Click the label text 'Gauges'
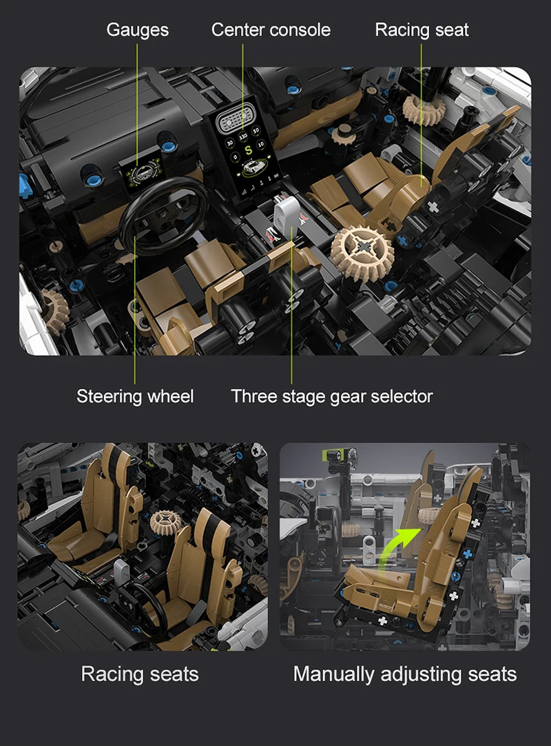[137, 30]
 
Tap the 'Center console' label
[271, 30]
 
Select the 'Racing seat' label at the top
[422, 30]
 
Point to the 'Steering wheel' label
[135, 396]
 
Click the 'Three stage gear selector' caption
[332, 396]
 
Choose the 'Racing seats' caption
[140, 674]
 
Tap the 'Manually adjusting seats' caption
[405, 674]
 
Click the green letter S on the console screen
[248, 151]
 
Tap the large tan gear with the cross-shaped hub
[362, 252]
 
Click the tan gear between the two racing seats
[165, 523]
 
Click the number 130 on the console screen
[243, 137]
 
